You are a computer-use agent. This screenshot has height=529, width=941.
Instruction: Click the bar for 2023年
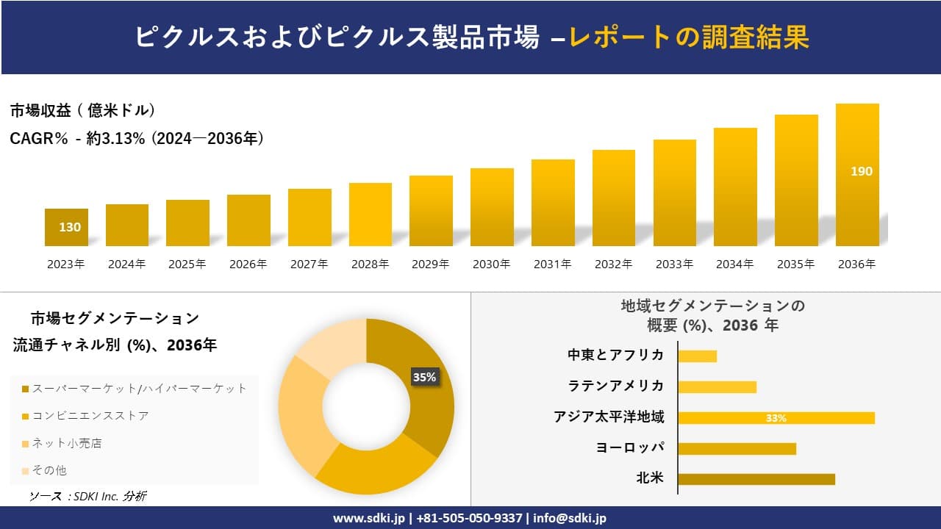point(66,227)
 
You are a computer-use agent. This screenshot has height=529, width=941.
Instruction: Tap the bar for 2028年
point(371,215)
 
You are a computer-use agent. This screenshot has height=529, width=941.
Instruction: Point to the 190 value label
point(861,171)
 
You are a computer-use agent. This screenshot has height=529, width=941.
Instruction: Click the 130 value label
point(70,227)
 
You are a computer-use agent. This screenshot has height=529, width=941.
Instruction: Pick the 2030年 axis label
point(492,264)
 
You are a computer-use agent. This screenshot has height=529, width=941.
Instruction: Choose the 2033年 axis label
point(674,264)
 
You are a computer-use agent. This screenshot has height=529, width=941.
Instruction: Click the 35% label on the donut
point(424,377)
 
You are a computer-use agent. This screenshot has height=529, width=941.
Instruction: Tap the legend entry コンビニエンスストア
point(90,416)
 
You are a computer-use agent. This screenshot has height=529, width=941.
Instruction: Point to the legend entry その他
point(49,470)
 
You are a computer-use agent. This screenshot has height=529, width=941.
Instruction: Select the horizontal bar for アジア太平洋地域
point(776,417)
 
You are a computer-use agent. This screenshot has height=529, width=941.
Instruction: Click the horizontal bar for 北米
point(756,479)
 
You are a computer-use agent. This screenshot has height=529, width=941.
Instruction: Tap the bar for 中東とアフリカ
point(697,356)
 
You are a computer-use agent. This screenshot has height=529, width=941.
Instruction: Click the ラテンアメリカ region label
point(615,386)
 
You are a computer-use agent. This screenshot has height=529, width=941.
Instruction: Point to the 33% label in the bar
point(776,418)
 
